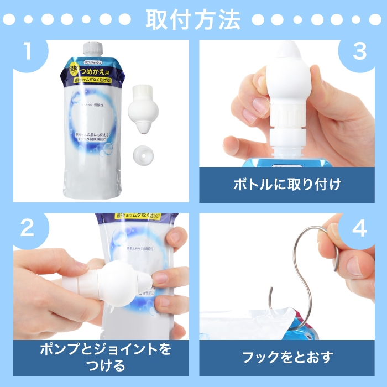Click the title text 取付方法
[193, 20]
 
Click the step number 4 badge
[360, 228]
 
